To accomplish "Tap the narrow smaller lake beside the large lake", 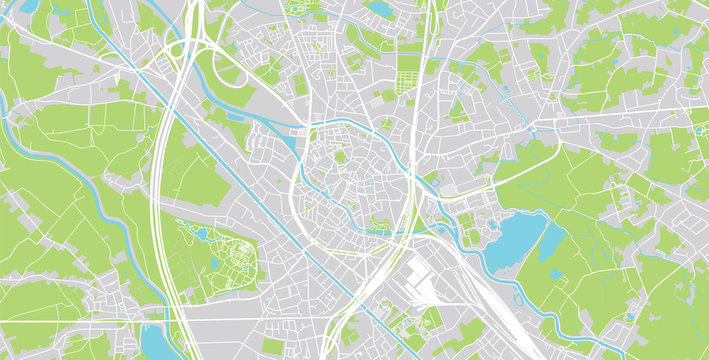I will click(552, 240).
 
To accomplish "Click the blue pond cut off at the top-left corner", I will click(27, 6).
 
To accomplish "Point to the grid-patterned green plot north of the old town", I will click(408, 69).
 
